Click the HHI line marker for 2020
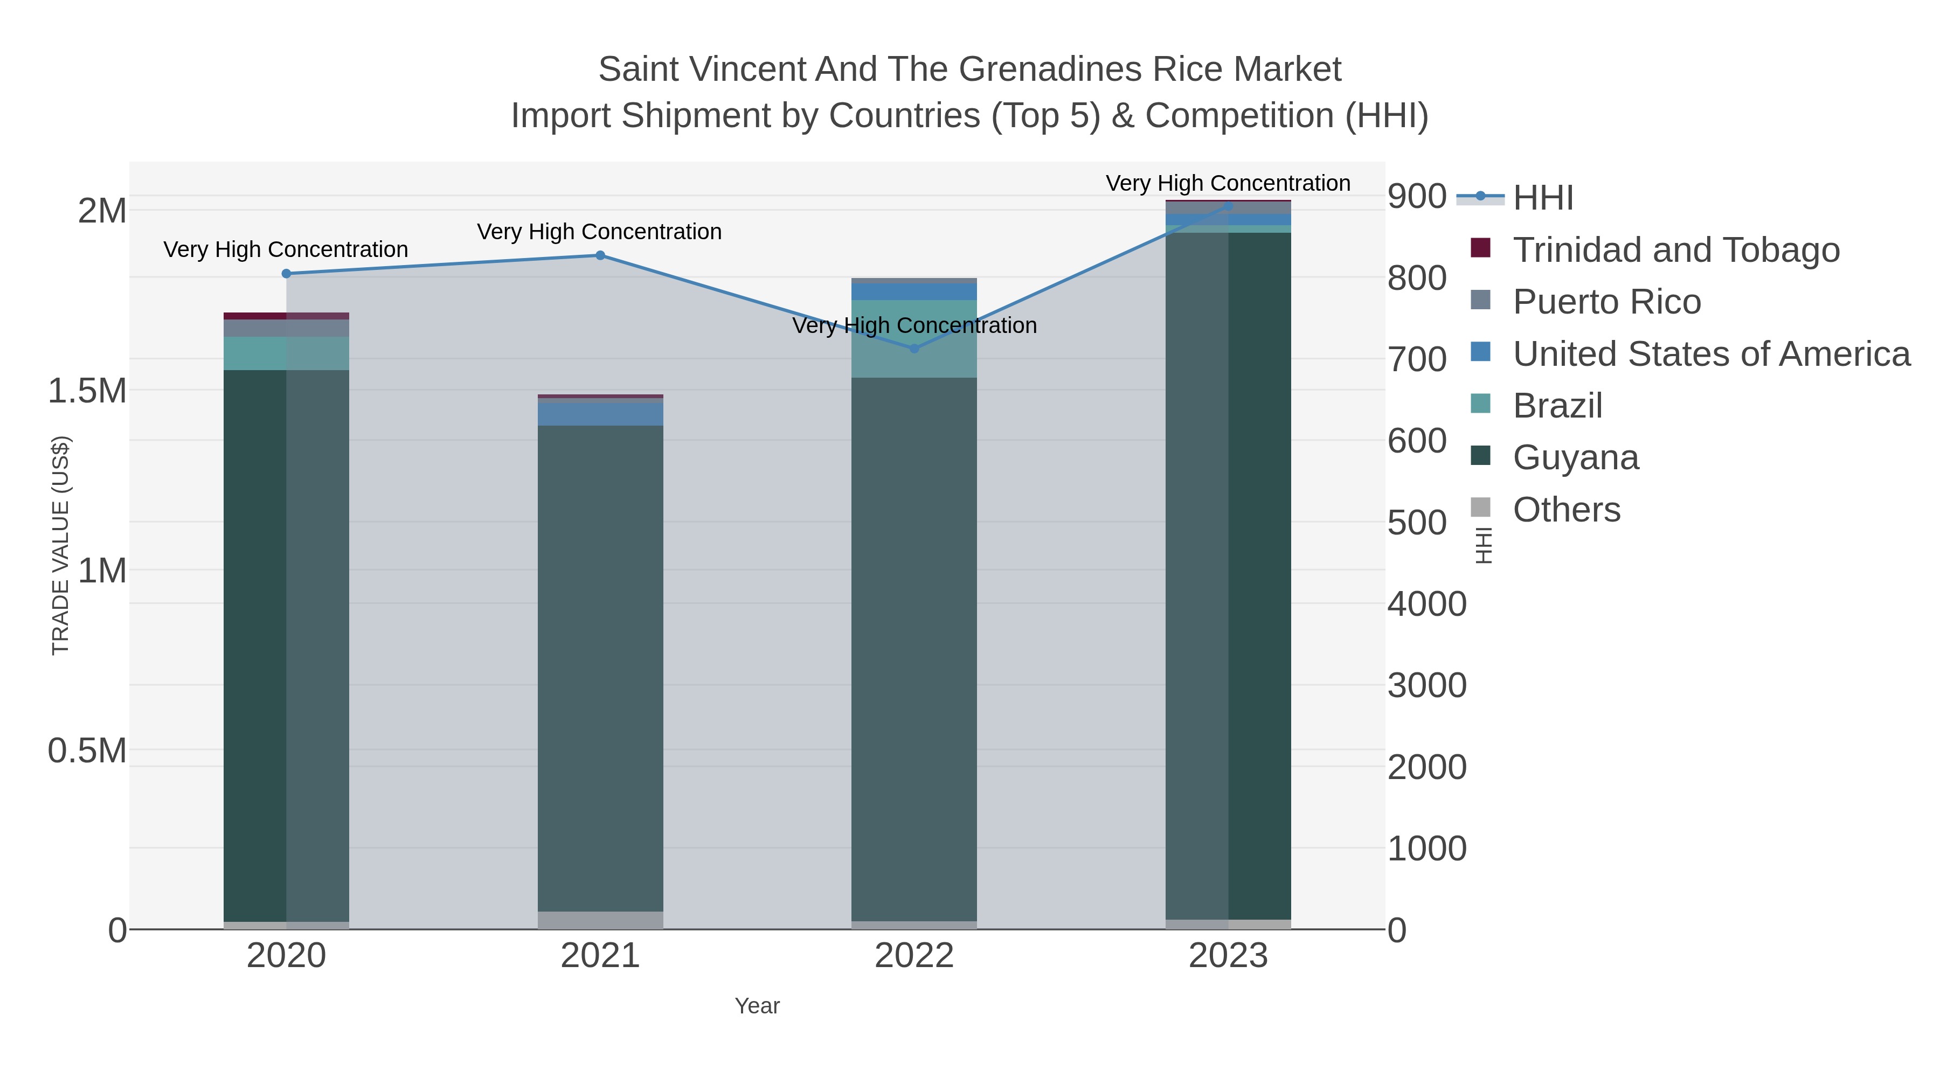pos(286,273)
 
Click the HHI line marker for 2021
pos(600,255)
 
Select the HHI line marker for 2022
pos(914,349)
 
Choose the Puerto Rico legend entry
pos(1606,302)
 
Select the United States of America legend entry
pos(1711,354)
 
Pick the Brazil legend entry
pos(1557,406)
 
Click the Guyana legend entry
pos(1576,458)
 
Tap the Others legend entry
pos(1567,510)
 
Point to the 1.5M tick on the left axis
pos(87,391)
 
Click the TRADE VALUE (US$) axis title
pos(60,545)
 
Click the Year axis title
pos(757,1006)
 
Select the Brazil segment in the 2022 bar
pos(914,339)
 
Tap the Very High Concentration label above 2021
pos(599,232)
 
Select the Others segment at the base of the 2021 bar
pos(600,920)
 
